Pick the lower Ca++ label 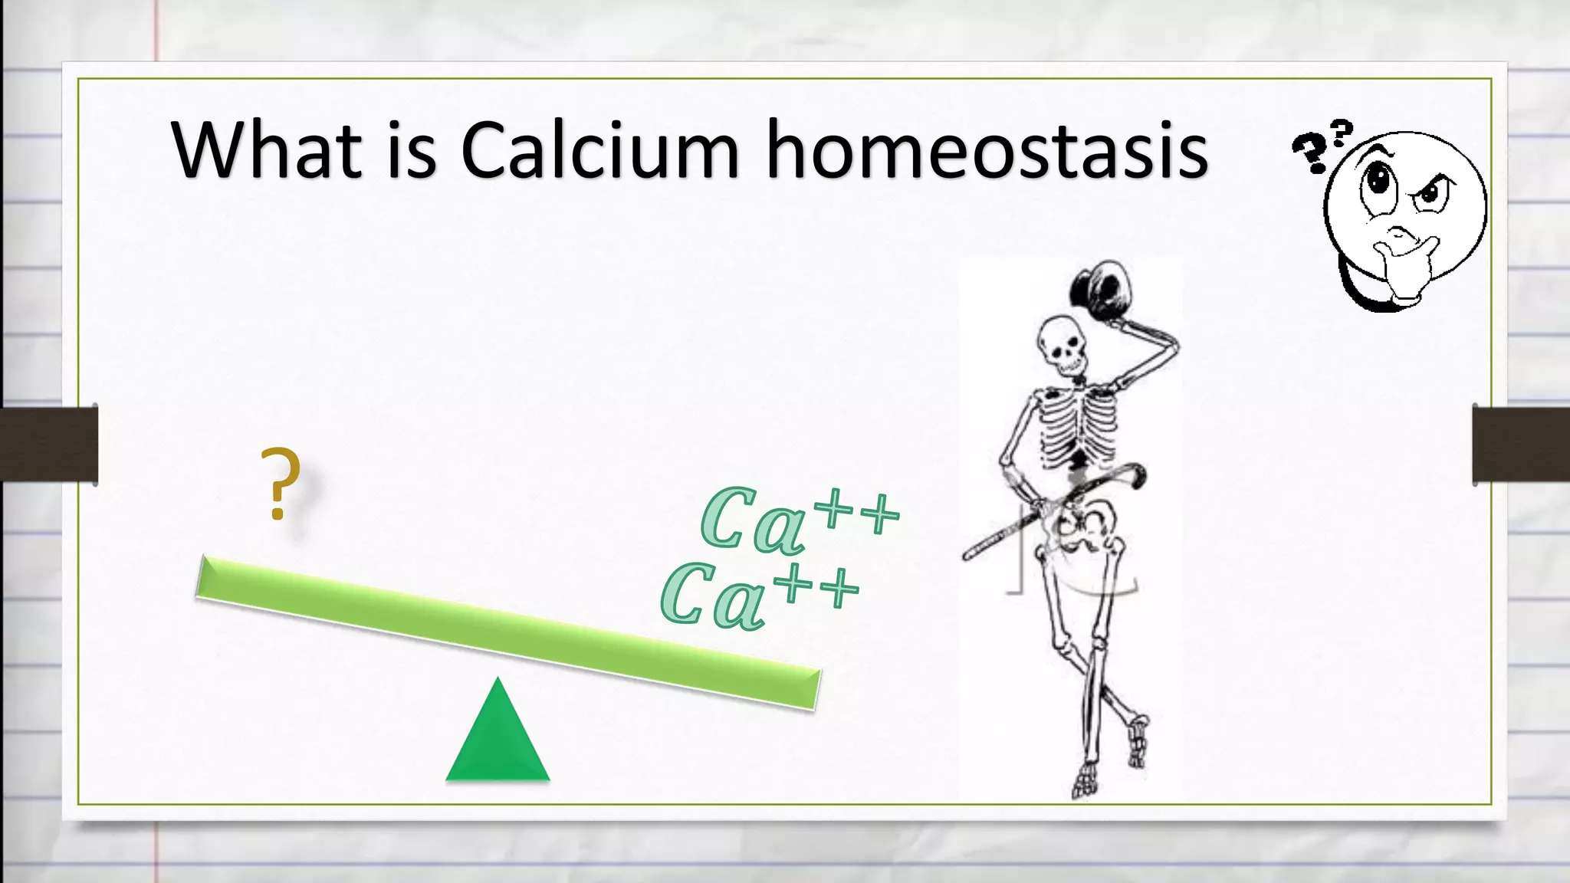tap(759, 595)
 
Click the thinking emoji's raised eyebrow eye tap(1432, 192)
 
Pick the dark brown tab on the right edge tap(1521, 445)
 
